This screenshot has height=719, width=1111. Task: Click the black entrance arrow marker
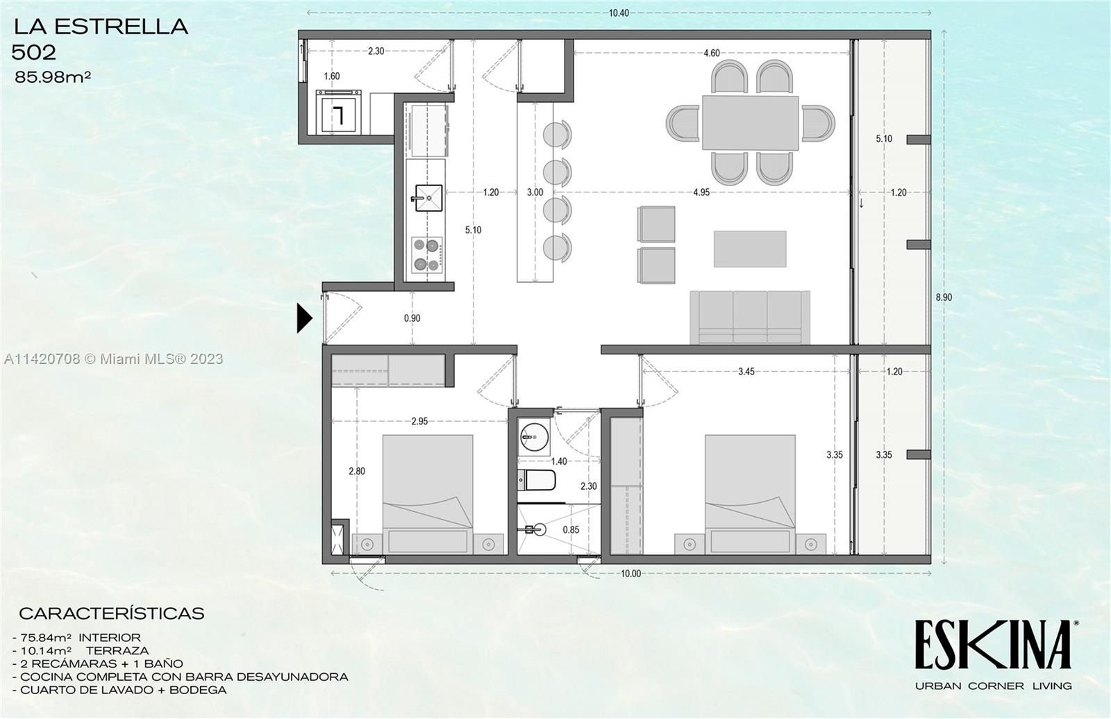tap(304, 318)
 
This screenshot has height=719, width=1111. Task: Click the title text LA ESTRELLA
tap(101, 26)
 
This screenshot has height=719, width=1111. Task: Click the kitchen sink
tap(427, 197)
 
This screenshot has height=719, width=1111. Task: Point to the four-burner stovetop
tap(427, 254)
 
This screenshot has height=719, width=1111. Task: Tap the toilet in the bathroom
tap(536, 480)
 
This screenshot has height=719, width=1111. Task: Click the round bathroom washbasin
tap(533, 437)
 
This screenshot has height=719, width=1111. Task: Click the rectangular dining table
tap(750, 122)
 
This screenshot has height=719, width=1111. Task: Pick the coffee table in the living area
tap(750, 249)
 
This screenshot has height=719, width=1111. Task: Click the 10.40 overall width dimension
tap(619, 13)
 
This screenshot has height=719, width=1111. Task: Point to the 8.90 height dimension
tap(944, 297)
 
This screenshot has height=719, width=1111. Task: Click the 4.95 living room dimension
tap(701, 192)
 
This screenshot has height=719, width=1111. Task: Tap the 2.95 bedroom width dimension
tap(419, 421)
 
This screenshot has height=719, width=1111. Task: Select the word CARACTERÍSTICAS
tap(111, 613)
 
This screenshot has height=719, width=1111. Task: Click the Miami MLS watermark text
tap(113, 358)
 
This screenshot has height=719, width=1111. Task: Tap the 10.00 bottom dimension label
tap(630, 574)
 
